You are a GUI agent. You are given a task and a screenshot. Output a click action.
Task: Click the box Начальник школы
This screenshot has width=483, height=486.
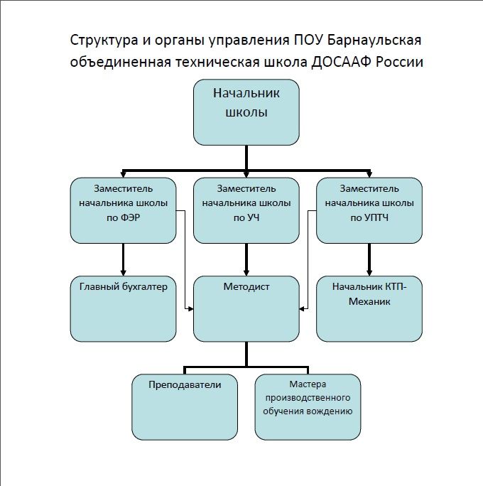click(x=246, y=112)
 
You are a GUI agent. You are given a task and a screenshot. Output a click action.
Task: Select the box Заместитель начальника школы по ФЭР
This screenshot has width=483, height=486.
click(x=124, y=210)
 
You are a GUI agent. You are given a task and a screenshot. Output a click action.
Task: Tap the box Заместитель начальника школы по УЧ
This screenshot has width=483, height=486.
click(x=246, y=210)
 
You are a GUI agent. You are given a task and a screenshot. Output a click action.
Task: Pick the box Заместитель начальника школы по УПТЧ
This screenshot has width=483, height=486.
click(x=369, y=210)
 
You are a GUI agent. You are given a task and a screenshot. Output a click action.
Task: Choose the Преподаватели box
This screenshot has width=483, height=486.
click(x=185, y=406)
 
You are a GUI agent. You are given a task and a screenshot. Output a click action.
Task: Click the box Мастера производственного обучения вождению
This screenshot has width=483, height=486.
click(x=308, y=406)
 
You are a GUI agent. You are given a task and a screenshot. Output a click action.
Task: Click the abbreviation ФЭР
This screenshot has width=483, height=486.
click(x=133, y=218)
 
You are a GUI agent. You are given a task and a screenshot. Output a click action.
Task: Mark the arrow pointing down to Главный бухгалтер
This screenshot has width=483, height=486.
click(x=124, y=259)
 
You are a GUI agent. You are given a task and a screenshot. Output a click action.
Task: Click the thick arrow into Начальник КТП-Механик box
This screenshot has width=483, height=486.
click(x=369, y=259)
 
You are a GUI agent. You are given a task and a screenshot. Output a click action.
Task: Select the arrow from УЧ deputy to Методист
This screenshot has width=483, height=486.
click(x=246, y=259)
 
